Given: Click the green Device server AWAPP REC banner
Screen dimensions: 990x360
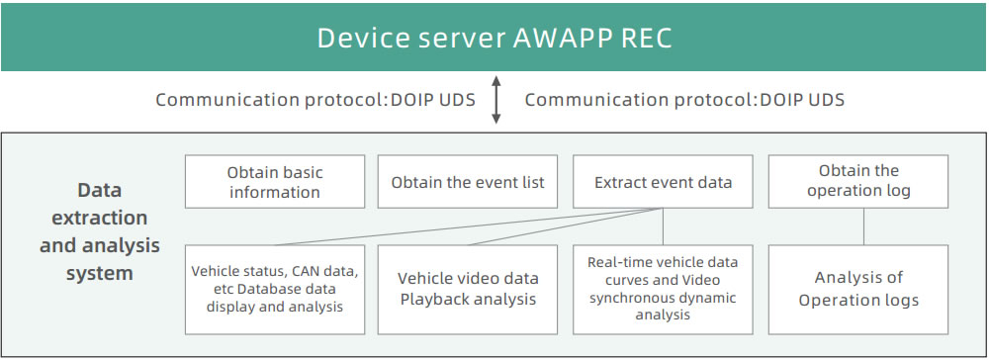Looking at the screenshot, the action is (x=494, y=38).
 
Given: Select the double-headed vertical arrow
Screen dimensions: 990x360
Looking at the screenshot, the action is (x=496, y=100).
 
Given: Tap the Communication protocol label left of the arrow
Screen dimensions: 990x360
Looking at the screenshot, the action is (x=315, y=100).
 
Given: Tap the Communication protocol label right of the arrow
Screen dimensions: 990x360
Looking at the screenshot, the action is (x=684, y=100).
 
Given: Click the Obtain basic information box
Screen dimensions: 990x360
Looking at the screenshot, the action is (x=275, y=182).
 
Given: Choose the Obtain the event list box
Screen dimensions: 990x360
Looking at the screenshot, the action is (x=467, y=182).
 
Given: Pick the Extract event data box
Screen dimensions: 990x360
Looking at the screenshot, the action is (x=663, y=182).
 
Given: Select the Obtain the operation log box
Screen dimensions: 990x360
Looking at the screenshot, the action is (x=858, y=182).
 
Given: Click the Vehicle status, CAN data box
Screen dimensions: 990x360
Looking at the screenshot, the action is (x=275, y=289).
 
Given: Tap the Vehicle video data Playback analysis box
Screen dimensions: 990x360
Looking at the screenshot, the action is (x=467, y=289).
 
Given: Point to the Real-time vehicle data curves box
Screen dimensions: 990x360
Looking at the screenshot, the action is (x=663, y=289).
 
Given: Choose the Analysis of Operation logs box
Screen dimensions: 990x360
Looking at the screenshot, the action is (x=858, y=289).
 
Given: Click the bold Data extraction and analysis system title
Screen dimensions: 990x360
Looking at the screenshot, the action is (x=100, y=231).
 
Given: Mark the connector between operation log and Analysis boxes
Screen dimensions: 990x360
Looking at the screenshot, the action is (x=863, y=226).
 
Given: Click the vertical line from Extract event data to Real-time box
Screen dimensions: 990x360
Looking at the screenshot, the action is (x=663, y=226).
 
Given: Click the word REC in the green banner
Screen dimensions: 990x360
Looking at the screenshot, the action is (x=647, y=39).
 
